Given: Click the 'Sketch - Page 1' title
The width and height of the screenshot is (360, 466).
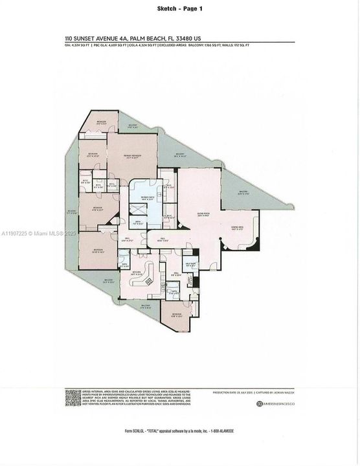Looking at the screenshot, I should click(x=179, y=8).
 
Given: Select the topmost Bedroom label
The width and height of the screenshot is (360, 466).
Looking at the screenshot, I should click(x=102, y=122).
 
